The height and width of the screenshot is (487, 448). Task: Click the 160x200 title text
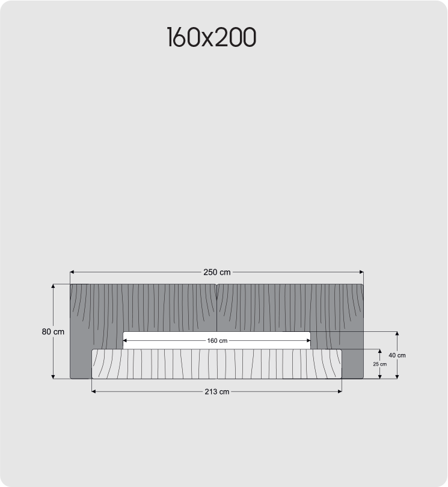[211, 37]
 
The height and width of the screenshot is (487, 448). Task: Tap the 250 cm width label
[217, 272]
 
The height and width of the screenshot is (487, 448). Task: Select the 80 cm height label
[53, 331]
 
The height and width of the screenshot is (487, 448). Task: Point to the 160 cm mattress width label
[217, 341]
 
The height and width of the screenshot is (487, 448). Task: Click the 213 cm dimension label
[217, 391]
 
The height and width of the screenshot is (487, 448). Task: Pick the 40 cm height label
[397, 355]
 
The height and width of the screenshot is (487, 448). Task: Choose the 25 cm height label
[379, 364]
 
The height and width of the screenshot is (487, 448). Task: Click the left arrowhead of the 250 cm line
[72, 272]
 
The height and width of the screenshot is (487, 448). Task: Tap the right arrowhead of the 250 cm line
[361, 272]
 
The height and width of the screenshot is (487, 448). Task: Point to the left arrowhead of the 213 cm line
[94, 391]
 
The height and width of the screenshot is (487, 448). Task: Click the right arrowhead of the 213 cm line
[340, 391]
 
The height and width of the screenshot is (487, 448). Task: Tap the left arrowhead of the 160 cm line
[125, 341]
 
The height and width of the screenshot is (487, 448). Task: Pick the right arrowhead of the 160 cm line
[308, 341]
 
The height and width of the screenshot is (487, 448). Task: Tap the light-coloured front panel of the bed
[217, 364]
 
